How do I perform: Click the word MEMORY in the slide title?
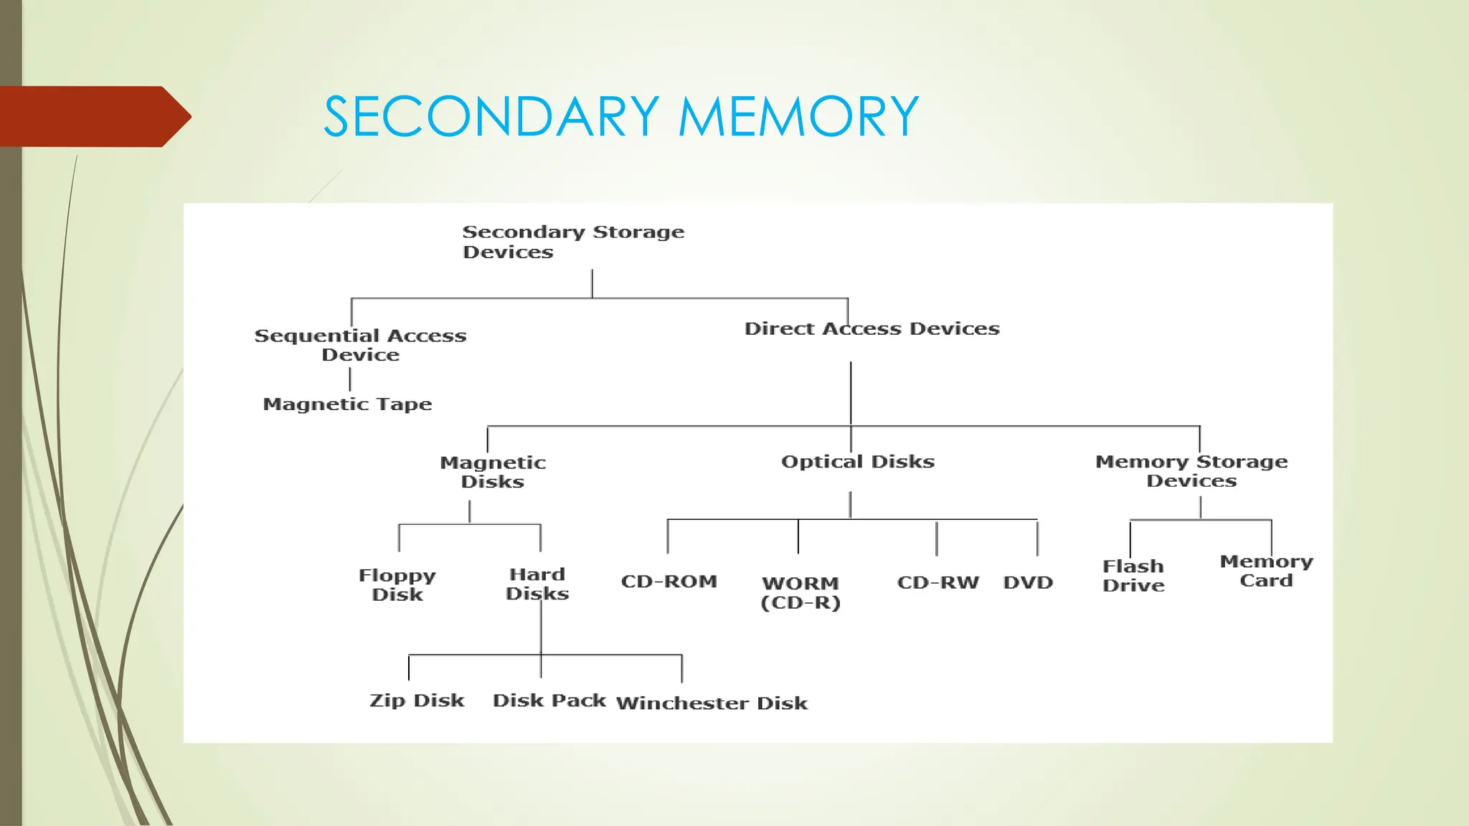coord(798,117)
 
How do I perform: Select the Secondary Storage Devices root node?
coord(572,242)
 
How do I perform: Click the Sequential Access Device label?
coord(360,345)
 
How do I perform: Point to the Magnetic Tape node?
coord(347,404)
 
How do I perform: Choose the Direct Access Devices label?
coord(872,328)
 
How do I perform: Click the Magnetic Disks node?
coord(493,472)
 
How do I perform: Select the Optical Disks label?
coord(858,462)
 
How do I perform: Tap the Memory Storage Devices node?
coord(1191,471)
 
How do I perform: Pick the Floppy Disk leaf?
coord(397,584)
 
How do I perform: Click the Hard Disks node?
coord(537,584)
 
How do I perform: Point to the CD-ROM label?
coord(669,581)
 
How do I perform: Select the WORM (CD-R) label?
coord(800,592)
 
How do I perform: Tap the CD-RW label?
coord(937,582)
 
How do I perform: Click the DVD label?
coord(1028,582)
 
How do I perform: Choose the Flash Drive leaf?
coord(1133,576)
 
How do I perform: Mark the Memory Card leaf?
coord(1267,571)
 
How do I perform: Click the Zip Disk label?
coord(417,701)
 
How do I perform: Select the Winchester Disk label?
coord(712,703)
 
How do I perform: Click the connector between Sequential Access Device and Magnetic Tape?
coord(350,379)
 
